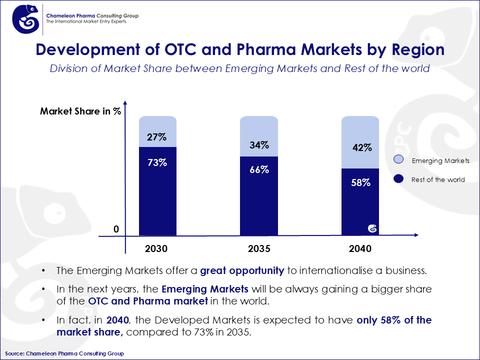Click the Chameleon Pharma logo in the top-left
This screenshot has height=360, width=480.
25,19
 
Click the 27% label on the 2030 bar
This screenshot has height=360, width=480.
157,137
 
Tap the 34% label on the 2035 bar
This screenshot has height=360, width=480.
259,145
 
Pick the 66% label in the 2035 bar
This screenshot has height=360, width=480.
259,169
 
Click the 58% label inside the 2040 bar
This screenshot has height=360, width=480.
360,182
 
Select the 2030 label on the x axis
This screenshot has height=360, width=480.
156,248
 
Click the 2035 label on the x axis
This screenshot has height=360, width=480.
259,248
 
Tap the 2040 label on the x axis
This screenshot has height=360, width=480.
360,248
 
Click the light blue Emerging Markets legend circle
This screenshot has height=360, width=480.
398,160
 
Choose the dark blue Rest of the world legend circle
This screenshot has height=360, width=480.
398,179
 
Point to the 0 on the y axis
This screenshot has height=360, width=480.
116,229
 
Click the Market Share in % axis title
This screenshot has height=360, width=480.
80,111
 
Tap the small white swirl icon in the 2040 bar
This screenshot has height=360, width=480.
372,228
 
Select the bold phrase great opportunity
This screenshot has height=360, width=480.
242,271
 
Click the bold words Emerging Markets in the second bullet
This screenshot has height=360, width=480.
205,289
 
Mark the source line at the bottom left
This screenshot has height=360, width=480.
64,353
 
